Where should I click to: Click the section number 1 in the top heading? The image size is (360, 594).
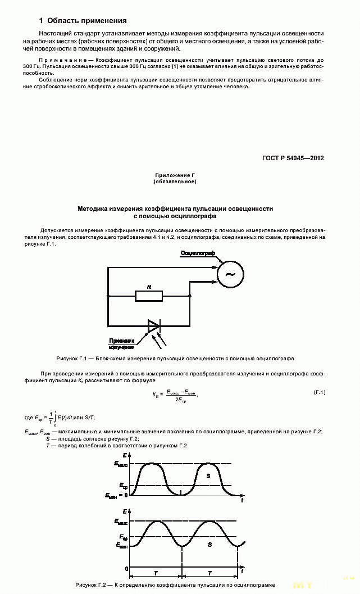pyautogui.click(x=42, y=21)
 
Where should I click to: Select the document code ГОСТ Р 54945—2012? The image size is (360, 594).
pyautogui.click(x=292, y=158)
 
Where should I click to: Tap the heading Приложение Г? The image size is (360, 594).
pyautogui.click(x=175, y=176)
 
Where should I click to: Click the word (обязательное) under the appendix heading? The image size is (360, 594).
pyautogui.click(x=175, y=182)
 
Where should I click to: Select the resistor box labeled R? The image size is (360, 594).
pyautogui.click(x=149, y=296)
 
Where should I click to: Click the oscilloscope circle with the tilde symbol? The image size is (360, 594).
pyautogui.click(x=230, y=274)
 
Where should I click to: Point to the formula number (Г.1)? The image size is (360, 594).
pyautogui.click(x=318, y=392)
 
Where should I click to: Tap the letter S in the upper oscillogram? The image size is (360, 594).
pyautogui.click(x=208, y=475)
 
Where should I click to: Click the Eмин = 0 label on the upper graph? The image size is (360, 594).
pyautogui.click(x=116, y=495)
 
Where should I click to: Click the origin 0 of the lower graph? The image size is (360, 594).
pyautogui.click(x=126, y=569)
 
